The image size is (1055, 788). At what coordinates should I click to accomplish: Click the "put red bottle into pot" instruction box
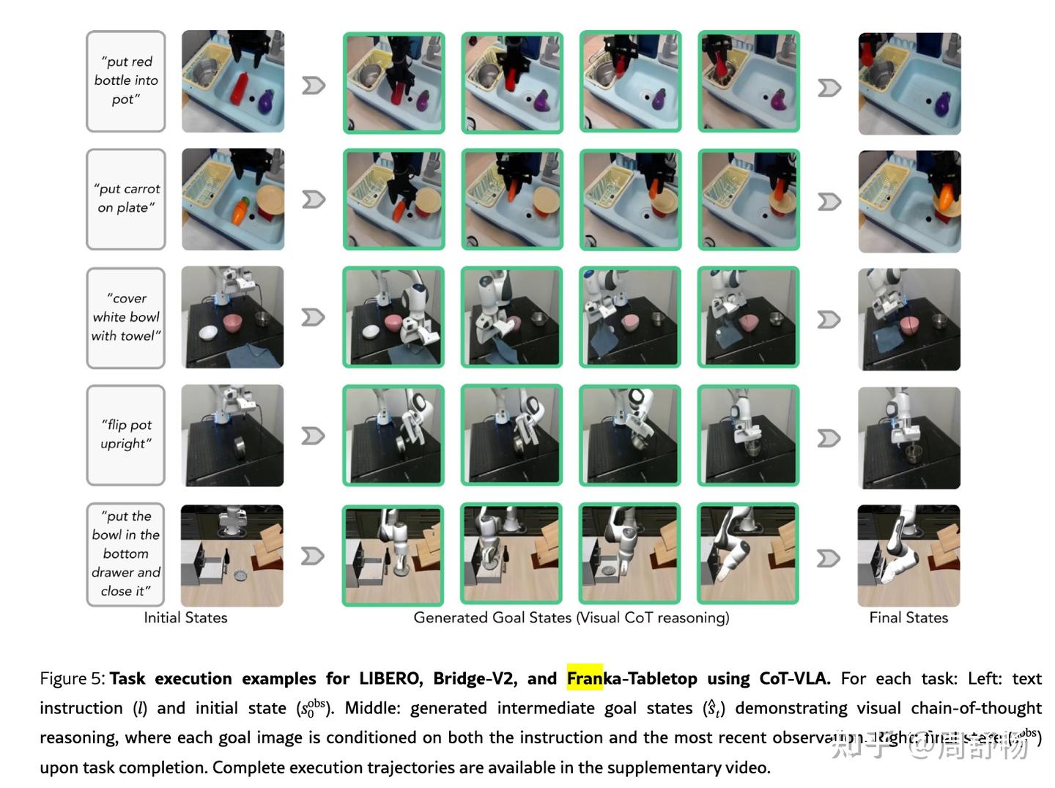pyautogui.click(x=125, y=81)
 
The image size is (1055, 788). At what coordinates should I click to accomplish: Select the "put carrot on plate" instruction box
pyautogui.click(x=125, y=199)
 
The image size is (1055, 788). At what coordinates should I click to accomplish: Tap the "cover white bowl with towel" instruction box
pyautogui.click(x=125, y=318)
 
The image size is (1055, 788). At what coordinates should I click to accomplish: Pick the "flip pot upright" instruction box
pyautogui.click(x=125, y=435)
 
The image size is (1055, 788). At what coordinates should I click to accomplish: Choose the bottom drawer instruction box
pyautogui.click(x=125, y=554)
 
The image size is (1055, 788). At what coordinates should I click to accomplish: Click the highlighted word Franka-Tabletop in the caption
pyautogui.click(x=632, y=678)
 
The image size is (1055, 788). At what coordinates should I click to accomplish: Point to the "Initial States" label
pyautogui.click(x=185, y=617)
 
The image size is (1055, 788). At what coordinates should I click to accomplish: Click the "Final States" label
pyautogui.click(x=908, y=617)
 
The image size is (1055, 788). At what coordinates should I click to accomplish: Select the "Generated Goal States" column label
pyautogui.click(x=571, y=617)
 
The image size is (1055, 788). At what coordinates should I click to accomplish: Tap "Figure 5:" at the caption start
pyautogui.click(x=73, y=678)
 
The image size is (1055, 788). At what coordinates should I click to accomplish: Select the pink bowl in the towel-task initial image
pyautogui.click(x=234, y=322)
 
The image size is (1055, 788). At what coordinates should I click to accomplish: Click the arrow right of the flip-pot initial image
pyautogui.click(x=314, y=436)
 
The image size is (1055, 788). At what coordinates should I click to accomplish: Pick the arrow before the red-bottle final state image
pyautogui.click(x=829, y=88)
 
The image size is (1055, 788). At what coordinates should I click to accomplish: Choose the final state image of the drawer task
pyautogui.click(x=908, y=555)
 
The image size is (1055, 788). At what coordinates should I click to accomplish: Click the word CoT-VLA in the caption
pyautogui.click(x=794, y=678)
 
